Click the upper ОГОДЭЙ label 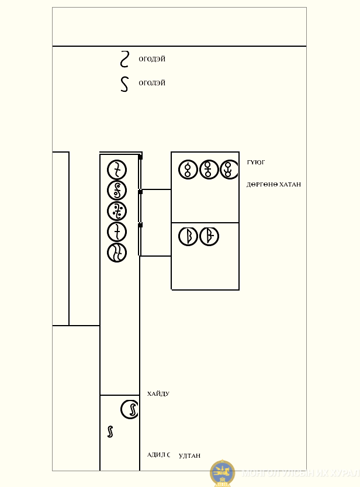tap(152, 59)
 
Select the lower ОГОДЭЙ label tap(152, 83)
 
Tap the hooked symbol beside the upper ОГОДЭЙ tap(124, 59)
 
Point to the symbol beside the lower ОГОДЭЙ tap(124, 84)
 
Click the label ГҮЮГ tap(256, 163)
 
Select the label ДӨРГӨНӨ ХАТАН tap(274, 185)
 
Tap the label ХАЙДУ tap(158, 394)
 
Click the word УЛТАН tap(189, 456)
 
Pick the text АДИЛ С tap(158, 455)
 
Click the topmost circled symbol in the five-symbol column tap(117, 170)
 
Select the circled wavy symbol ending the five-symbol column tap(117, 253)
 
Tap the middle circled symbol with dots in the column tap(117, 211)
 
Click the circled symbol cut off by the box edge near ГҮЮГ tap(229, 170)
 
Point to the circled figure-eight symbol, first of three tap(188, 170)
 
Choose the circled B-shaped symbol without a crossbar tap(188, 236)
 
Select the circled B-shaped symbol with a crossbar tap(209, 236)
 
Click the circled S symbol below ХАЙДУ tap(130, 409)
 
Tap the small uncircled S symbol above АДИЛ tap(110, 432)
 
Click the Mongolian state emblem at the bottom tap(222, 473)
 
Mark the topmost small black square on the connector tap(140, 157)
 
